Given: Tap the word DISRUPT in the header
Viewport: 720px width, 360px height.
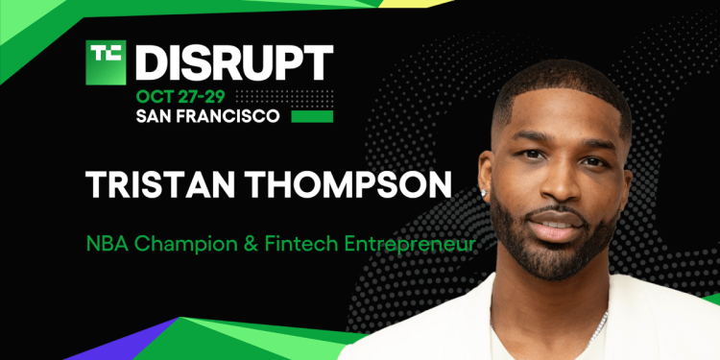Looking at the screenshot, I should tap(234, 62).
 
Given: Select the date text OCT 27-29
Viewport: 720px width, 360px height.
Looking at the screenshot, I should tap(182, 98).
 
